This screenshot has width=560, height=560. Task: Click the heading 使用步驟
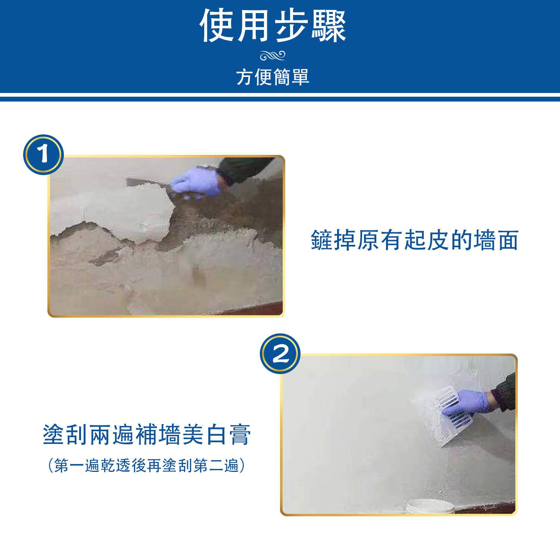tap(273, 26)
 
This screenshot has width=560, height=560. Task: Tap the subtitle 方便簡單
tap(273, 77)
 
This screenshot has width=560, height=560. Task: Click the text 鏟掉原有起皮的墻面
tap(414, 240)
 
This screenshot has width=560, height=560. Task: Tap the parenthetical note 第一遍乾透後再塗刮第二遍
tap(147, 466)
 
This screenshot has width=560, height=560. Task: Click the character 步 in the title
tap(291, 26)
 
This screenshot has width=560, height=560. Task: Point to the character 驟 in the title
tap(329, 26)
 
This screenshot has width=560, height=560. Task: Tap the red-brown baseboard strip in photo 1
tap(243, 308)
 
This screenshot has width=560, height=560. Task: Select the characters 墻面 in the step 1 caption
tap(495, 240)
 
